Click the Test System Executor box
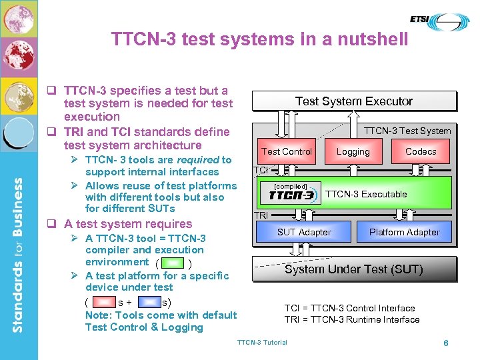[x=354, y=101]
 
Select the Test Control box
[x=287, y=151]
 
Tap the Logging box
[x=353, y=151]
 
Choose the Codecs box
[x=421, y=151]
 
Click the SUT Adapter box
[x=304, y=232]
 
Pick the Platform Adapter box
[x=405, y=232]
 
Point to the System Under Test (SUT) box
[x=354, y=269]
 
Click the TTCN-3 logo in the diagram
[x=291, y=196]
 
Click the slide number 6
[x=445, y=343]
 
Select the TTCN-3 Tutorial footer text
[x=262, y=343]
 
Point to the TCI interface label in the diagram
[x=261, y=171]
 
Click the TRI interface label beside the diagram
[x=261, y=216]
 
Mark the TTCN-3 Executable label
[x=366, y=194]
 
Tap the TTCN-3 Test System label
[x=407, y=131]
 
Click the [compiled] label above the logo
[x=291, y=186]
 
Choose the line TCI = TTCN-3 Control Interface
[x=349, y=308]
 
